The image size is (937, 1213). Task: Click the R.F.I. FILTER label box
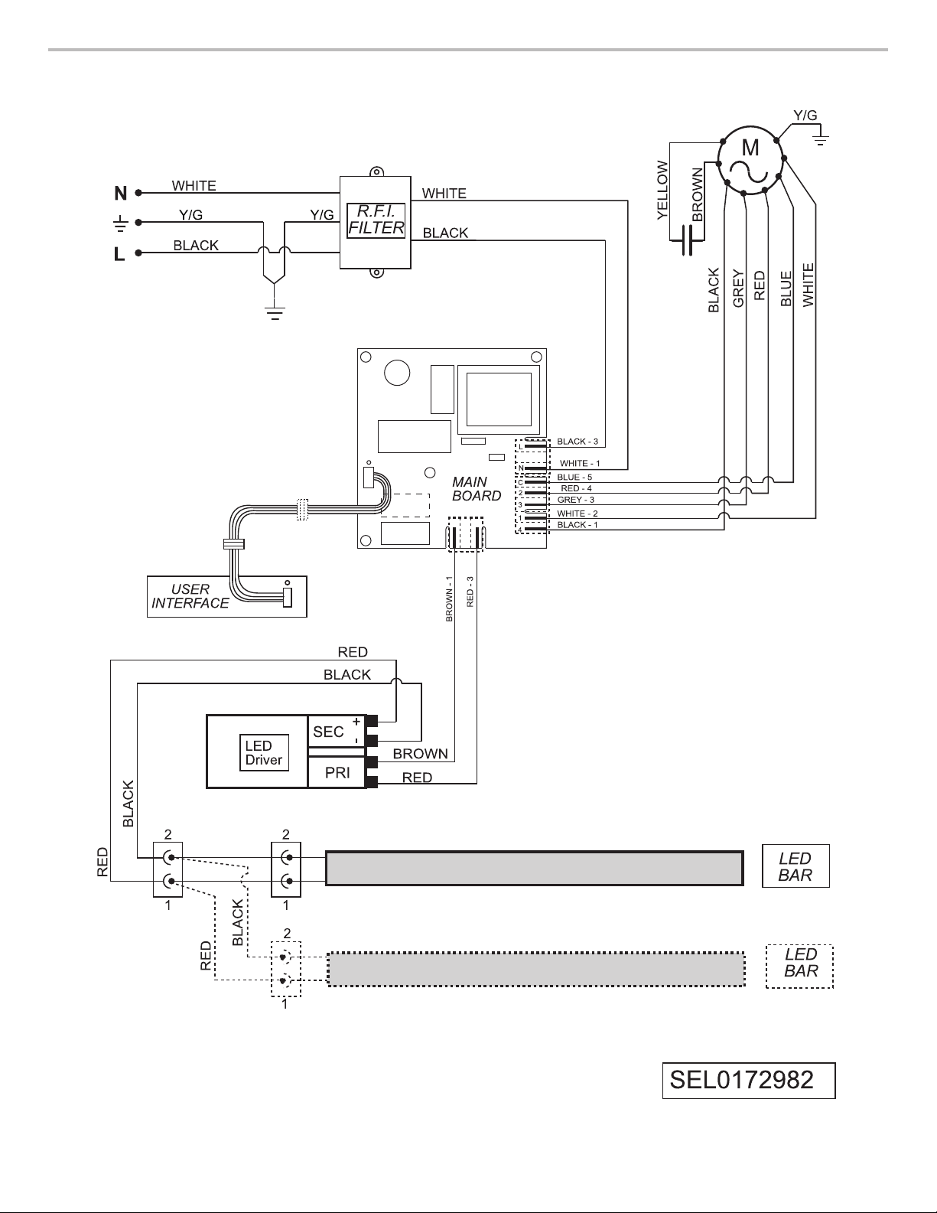(376, 220)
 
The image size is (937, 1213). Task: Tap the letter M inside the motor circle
(750, 148)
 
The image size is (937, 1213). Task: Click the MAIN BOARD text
(477, 489)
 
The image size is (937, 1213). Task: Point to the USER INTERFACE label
(190, 596)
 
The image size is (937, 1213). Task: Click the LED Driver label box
(264, 752)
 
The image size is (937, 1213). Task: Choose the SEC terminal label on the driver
(328, 732)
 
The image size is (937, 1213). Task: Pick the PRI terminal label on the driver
(337, 772)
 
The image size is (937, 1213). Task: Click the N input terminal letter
(121, 194)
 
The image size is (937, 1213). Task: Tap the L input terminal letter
(119, 254)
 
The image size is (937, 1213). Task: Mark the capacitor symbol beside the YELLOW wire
(687, 240)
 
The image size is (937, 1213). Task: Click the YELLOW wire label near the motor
(662, 190)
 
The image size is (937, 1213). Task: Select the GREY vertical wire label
(738, 288)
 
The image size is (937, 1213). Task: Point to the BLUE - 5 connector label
(574, 478)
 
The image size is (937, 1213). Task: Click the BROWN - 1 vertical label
(449, 599)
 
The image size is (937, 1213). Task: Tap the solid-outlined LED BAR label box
(795, 866)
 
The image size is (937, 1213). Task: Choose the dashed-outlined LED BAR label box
(800, 967)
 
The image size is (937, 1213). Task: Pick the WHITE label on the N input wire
(194, 185)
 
